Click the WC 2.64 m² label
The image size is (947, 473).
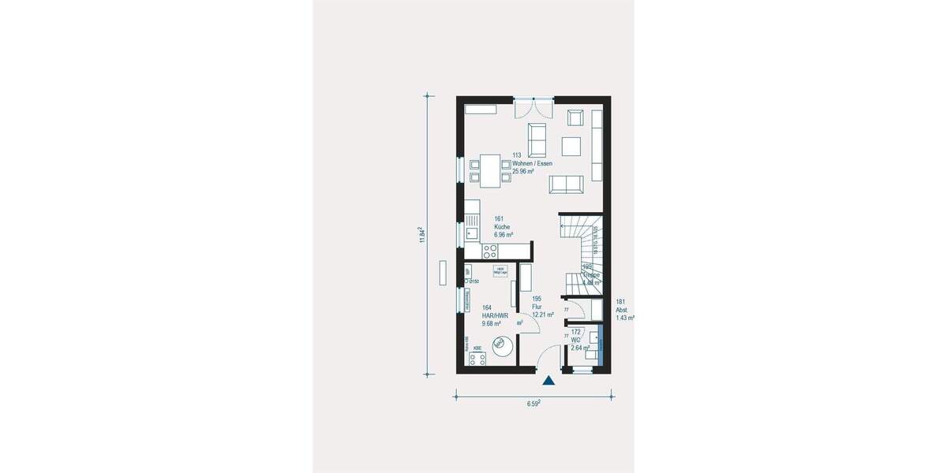[x=580, y=339]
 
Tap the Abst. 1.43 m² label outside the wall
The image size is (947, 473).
[x=624, y=309]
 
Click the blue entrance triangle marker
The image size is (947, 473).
[x=548, y=381]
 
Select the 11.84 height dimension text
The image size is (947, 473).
[x=423, y=235]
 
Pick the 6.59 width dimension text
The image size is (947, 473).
[x=533, y=404]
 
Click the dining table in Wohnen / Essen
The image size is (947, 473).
[x=490, y=169]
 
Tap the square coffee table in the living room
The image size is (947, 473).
[x=571, y=147]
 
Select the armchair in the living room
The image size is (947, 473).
[x=575, y=118]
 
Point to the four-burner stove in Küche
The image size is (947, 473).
[x=490, y=252]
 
